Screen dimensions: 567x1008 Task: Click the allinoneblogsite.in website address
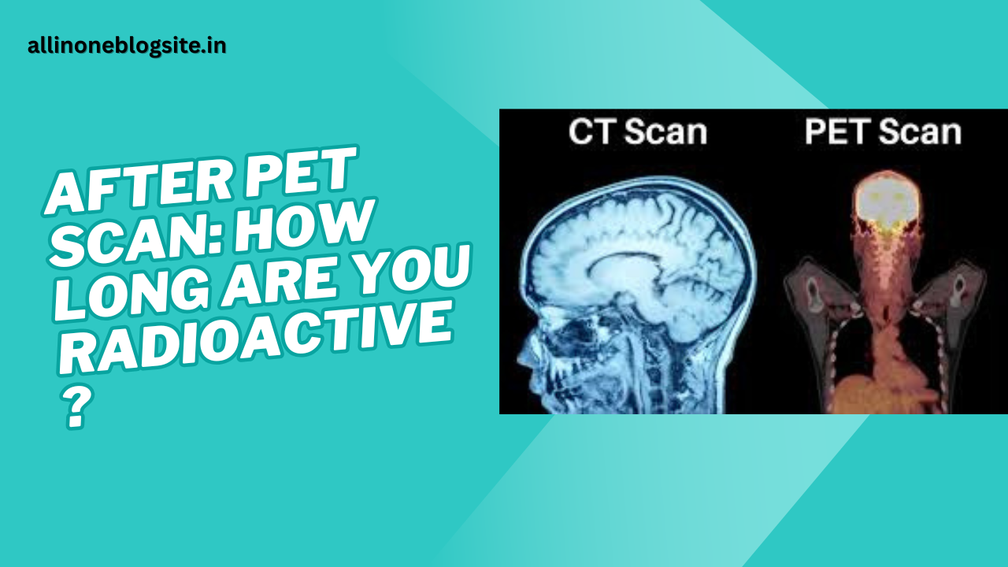(127, 46)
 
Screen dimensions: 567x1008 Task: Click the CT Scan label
(637, 131)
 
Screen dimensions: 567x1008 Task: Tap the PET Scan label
(883, 132)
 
